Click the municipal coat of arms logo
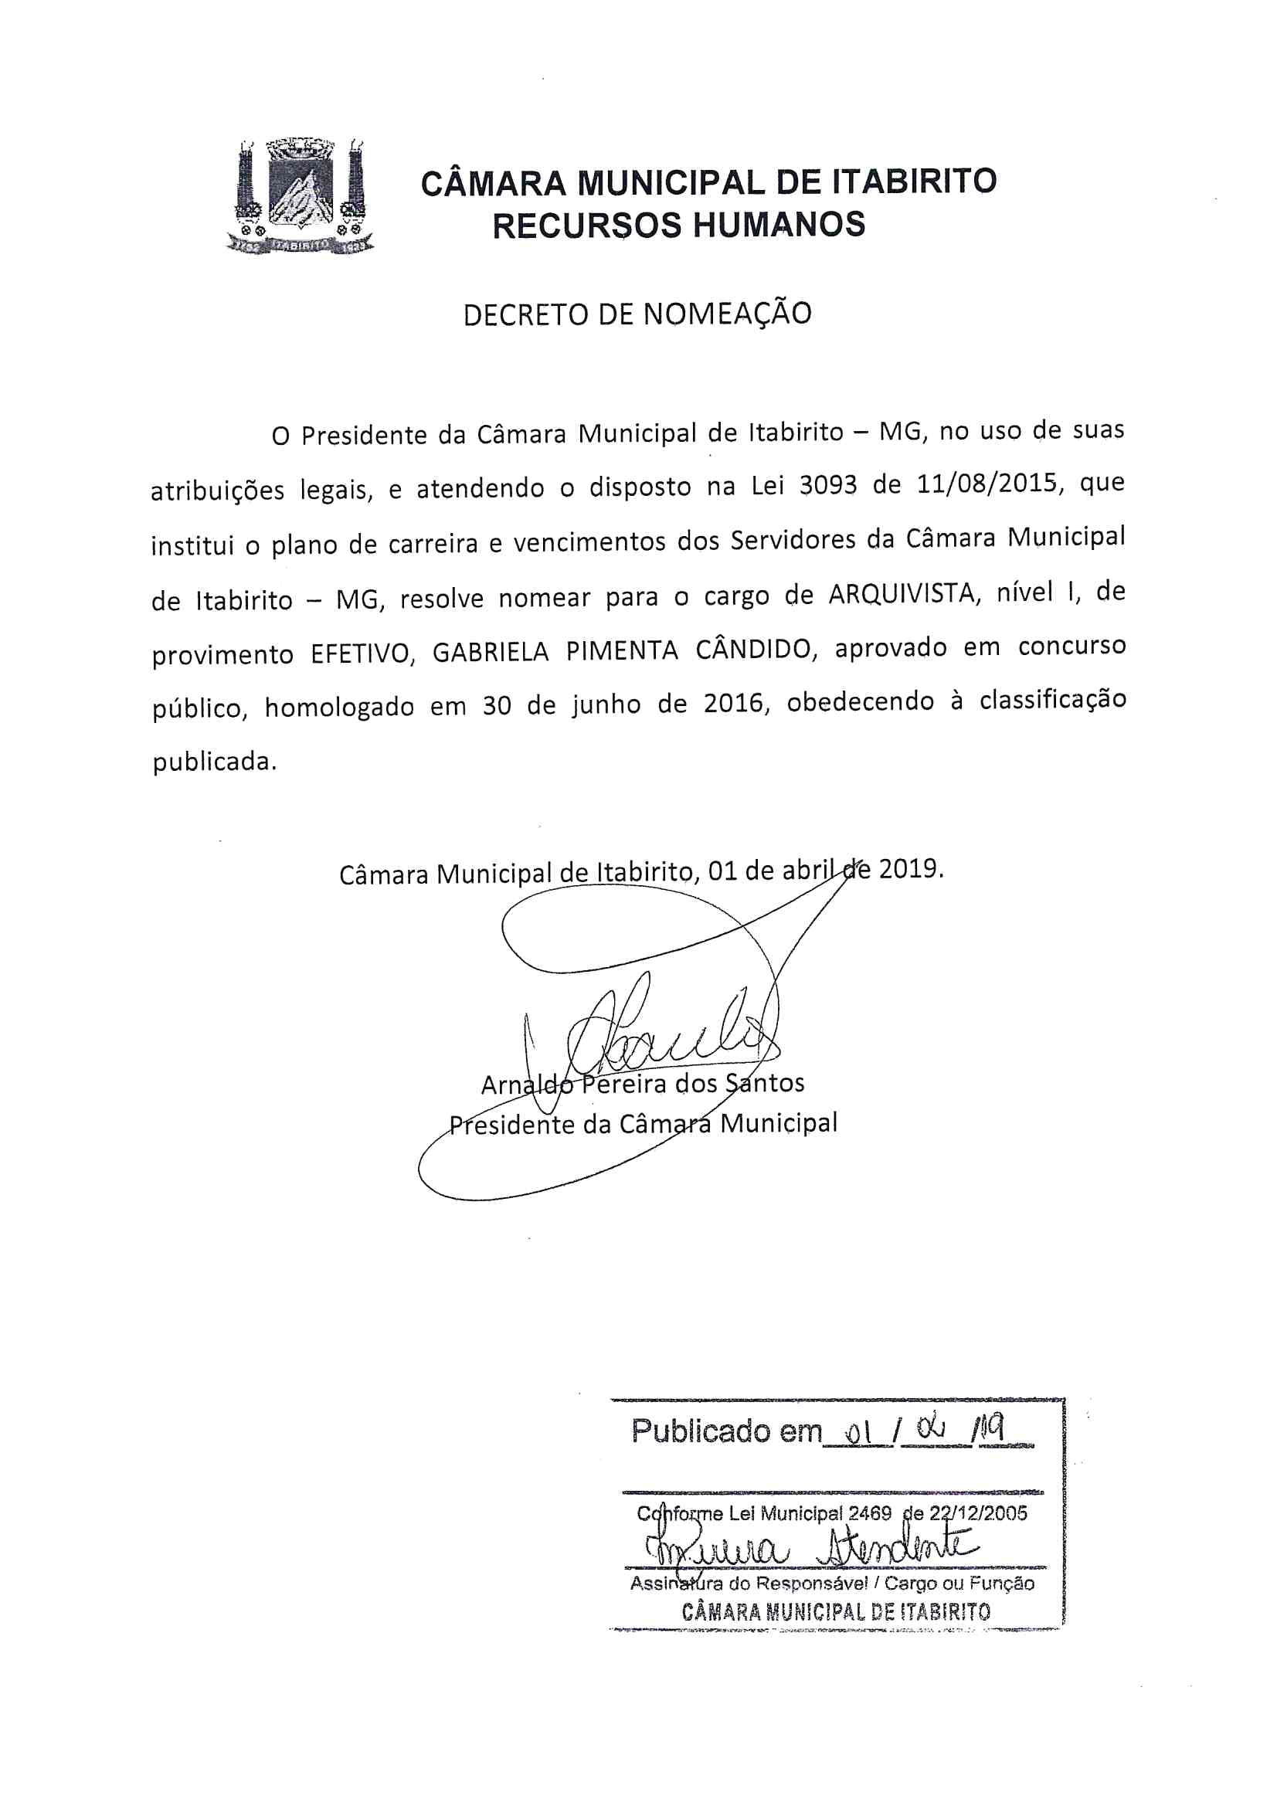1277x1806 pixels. click(x=300, y=196)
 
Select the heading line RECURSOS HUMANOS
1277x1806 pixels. click(x=678, y=226)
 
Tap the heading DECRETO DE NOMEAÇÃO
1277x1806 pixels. click(x=637, y=314)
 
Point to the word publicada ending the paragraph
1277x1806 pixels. click(x=214, y=762)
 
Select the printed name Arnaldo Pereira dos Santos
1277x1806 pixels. click(x=642, y=1084)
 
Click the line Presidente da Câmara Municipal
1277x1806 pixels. click(x=643, y=1123)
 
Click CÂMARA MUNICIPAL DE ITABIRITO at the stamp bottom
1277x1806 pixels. click(x=835, y=1611)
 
